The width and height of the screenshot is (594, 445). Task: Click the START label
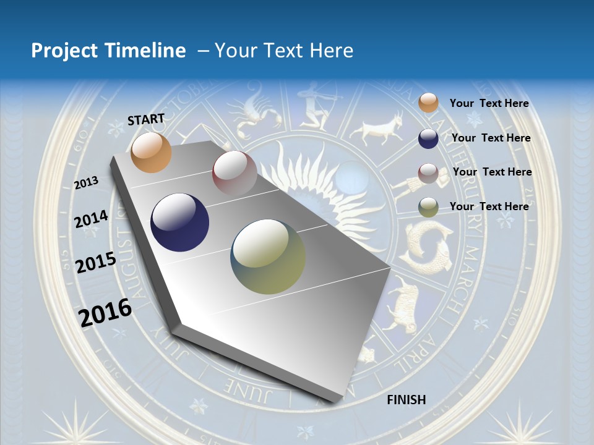[146, 119]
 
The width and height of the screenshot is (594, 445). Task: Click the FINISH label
[407, 400]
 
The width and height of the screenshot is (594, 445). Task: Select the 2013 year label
[87, 182]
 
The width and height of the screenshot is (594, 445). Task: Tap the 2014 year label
[92, 219]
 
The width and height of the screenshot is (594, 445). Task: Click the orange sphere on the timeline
[151, 152]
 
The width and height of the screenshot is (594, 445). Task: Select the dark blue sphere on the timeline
[179, 222]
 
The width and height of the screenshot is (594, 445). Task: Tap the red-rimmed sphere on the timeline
[234, 174]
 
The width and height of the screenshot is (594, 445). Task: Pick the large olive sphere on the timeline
[268, 256]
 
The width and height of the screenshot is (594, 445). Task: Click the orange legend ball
[428, 103]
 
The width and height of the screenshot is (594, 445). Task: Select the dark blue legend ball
[428, 138]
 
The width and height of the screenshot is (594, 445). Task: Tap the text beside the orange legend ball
[489, 104]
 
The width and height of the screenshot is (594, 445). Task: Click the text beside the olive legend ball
[489, 206]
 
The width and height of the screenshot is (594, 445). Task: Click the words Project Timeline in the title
[108, 51]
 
